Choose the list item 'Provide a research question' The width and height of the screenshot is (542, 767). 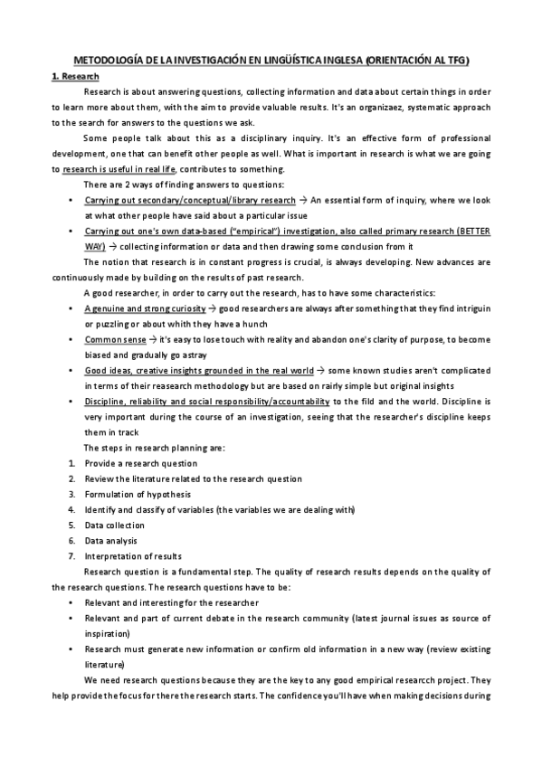click(140, 463)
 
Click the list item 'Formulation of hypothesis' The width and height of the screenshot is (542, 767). click(138, 494)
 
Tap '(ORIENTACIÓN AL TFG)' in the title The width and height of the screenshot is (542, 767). click(422, 61)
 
